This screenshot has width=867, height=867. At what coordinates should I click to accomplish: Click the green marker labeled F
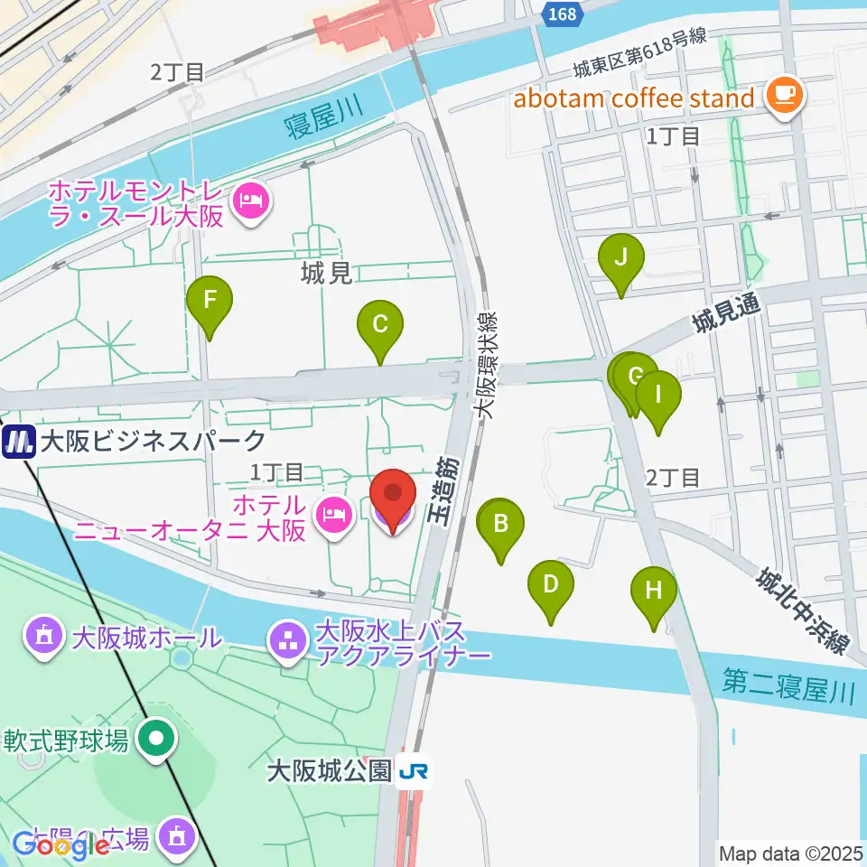tap(209, 301)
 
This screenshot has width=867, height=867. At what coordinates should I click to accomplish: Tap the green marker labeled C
tap(380, 326)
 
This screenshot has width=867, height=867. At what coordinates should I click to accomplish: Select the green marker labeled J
tap(621, 259)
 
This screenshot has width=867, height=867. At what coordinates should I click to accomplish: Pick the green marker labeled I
tap(658, 396)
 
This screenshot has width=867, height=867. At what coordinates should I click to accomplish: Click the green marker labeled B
tap(499, 524)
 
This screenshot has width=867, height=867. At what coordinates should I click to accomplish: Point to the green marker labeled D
tap(550, 585)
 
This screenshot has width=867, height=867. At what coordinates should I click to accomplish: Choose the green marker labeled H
tap(654, 592)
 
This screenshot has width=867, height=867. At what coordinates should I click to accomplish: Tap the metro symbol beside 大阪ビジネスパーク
tap(17, 442)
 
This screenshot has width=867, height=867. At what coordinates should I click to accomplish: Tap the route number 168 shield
tap(561, 13)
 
